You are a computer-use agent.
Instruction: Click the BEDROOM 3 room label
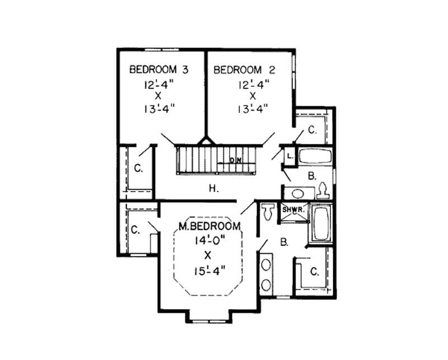click(x=158, y=70)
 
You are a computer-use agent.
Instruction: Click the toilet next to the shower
click(x=268, y=212)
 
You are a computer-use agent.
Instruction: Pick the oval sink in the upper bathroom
click(x=297, y=194)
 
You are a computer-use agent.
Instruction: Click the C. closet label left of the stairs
click(x=137, y=167)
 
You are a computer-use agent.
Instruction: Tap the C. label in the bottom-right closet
click(x=314, y=272)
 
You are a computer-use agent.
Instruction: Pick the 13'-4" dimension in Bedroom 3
click(x=158, y=109)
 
